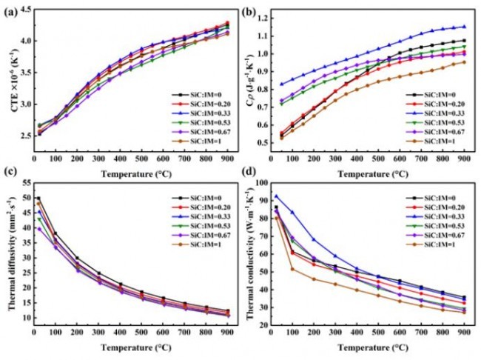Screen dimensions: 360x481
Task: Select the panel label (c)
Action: point(10,183)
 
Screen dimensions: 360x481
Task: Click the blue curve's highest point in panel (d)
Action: point(277,196)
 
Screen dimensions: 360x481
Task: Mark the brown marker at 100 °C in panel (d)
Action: point(291,268)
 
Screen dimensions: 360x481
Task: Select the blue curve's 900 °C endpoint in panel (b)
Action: point(464,27)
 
